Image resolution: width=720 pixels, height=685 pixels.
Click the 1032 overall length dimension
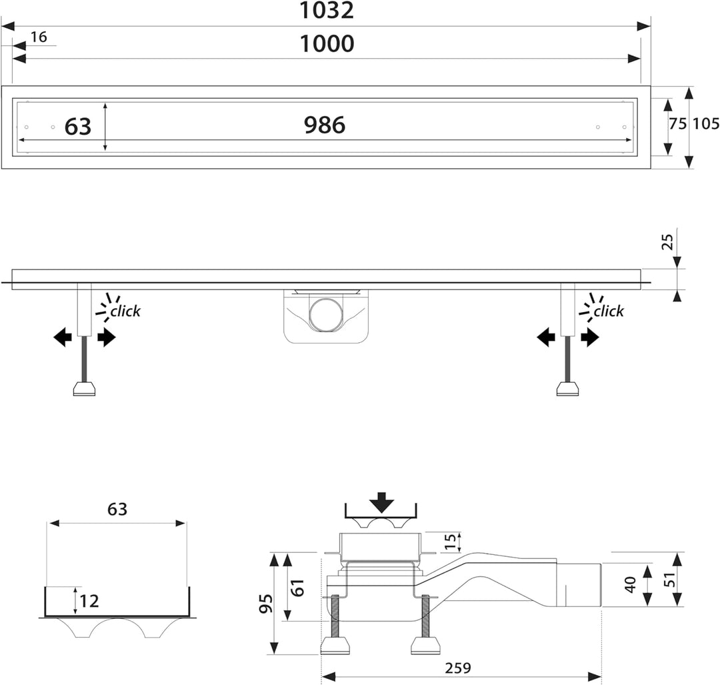327,10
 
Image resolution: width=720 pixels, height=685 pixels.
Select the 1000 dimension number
327,43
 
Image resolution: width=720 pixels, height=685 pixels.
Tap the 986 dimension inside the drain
325,125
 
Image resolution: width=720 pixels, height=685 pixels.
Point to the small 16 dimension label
39,37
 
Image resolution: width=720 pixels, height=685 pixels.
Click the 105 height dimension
706,123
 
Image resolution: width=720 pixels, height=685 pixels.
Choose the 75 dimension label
677,123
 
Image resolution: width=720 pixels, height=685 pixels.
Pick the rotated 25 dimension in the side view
667,241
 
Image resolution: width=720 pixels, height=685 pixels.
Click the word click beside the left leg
125,311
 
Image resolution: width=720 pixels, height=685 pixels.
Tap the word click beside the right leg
609,311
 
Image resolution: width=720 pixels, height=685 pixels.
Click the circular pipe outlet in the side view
325,315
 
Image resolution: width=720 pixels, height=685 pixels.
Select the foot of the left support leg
85,388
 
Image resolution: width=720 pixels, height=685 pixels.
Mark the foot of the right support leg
567,388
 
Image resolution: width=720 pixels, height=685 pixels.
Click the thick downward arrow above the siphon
381,503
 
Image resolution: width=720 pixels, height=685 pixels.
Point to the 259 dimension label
458,668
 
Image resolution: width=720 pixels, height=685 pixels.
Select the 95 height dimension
266,603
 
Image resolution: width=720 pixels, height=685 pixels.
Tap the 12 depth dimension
89,601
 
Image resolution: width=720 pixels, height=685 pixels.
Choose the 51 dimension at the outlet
671,580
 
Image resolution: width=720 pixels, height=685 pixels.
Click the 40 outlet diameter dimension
631,584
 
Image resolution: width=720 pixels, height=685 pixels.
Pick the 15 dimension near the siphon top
451,541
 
